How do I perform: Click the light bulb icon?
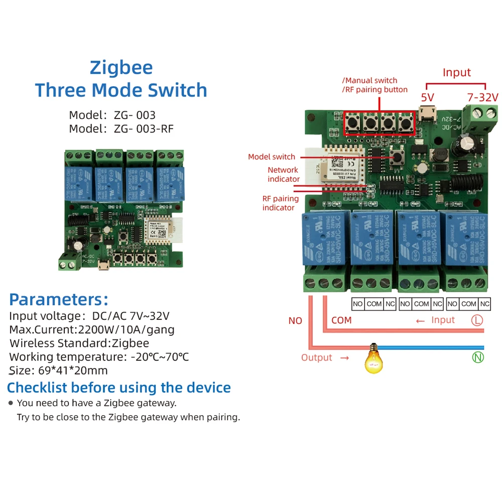coord(372,358)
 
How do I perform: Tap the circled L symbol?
coord(477,320)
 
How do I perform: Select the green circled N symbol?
coord(477,357)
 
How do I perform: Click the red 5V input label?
coord(427,96)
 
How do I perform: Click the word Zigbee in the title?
coord(121,67)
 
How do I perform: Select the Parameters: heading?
coord(59,299)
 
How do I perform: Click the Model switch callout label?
coord(272,157)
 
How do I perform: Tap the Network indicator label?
coord(283,174)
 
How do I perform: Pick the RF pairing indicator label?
coord(280,203)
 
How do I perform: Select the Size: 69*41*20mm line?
coord(59,370)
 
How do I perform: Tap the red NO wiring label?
coord(295,320)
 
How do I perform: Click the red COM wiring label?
coord(341,320)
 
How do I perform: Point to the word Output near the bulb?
coord(317,357)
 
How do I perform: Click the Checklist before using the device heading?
coord(119,388)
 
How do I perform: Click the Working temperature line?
coord(99,357)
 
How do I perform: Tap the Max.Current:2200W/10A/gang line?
coord(92,330)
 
